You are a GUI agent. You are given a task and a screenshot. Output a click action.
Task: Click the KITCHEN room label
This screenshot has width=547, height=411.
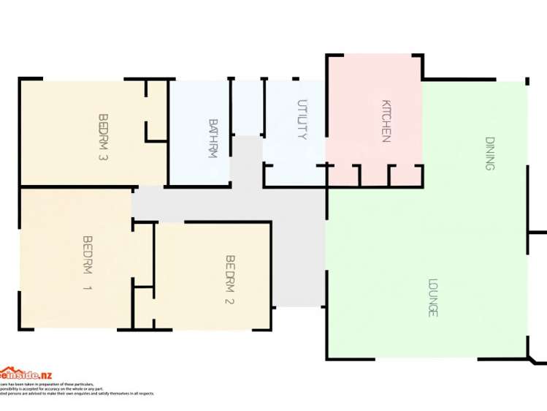coord(386,121)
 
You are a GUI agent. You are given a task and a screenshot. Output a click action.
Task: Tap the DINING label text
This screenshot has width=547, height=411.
coord(489,154)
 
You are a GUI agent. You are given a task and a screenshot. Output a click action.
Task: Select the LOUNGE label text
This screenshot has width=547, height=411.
coord(432,297)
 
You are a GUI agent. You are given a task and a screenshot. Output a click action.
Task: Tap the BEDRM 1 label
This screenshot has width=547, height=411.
coord(88,263)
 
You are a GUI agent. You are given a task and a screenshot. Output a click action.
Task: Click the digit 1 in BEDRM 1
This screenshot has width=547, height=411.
coord(88,288)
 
